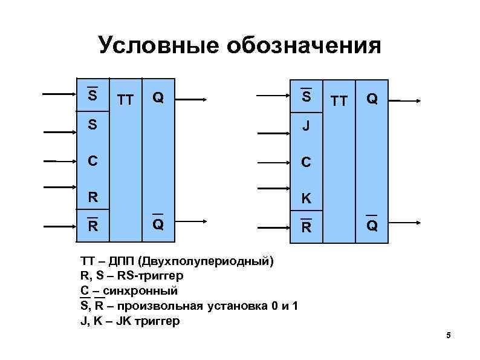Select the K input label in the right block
(x=306, y=197)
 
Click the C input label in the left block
(x=92, y=162)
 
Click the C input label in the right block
(x=306, y=163)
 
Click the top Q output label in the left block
(x=157, y=97)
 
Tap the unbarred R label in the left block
(x=92, y=197)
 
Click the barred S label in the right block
(x=306, y=97)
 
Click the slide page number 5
(x=449, y=336)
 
